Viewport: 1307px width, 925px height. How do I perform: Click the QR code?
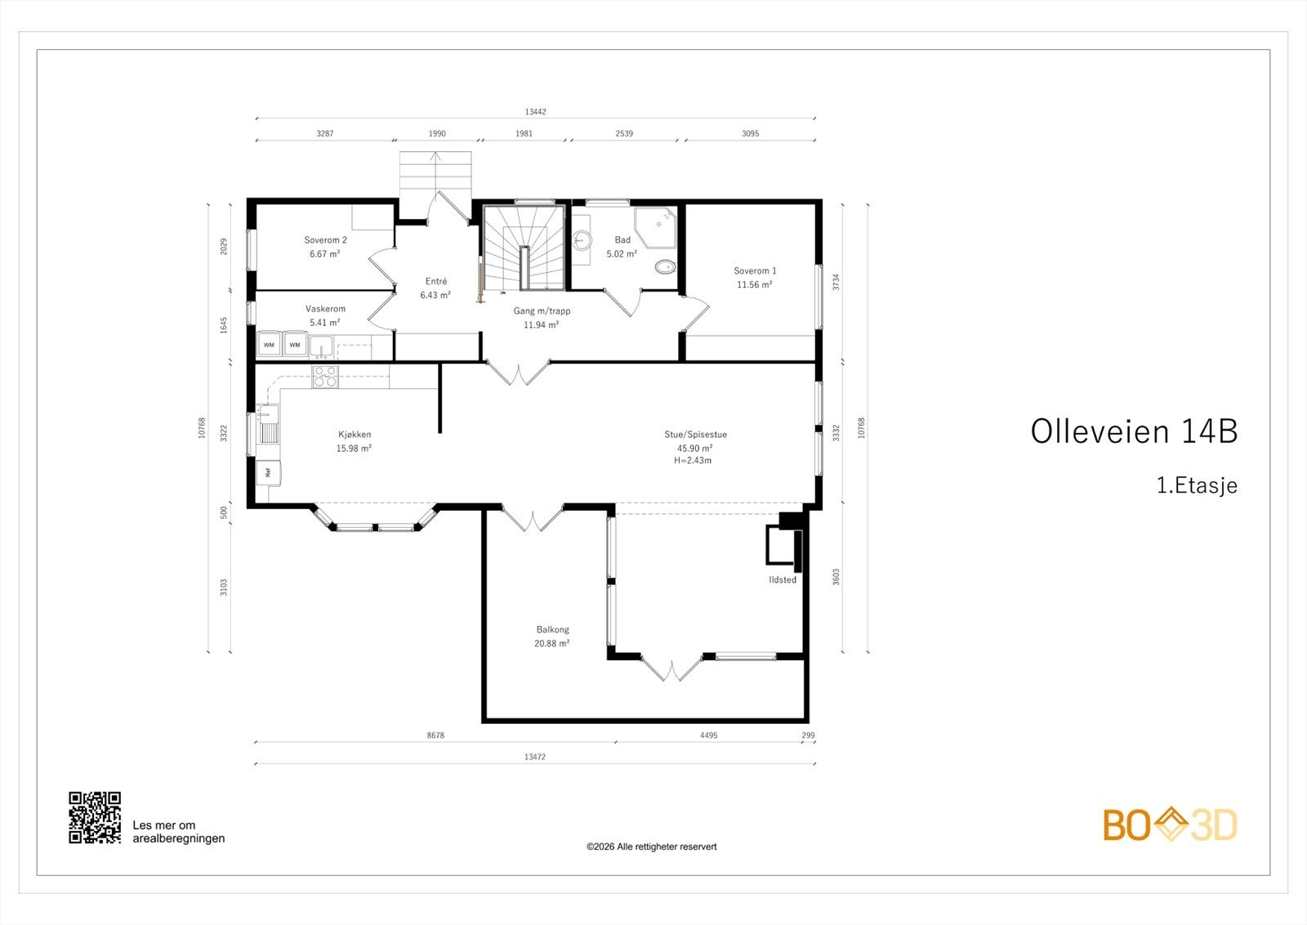point(95,817)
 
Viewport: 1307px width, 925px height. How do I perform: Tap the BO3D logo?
point(1170,824)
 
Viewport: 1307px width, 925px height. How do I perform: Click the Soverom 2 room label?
point(325,240)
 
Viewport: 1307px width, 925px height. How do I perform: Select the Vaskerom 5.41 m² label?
point(325,315)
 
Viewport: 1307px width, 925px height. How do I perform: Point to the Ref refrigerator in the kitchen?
point(268,472)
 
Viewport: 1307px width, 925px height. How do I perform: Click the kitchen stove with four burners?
point(325,377)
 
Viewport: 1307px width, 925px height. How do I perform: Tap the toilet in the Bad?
point(666,266)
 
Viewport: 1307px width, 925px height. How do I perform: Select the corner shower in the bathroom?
point(658,226)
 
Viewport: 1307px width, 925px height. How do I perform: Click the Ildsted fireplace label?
point(782,579)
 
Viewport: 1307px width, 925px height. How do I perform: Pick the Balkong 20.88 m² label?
point(553,636)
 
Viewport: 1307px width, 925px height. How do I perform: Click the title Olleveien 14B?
point(1134,431)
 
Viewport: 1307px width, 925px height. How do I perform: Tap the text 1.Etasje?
point(1197,485)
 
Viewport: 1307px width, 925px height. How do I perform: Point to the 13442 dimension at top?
point(535,112)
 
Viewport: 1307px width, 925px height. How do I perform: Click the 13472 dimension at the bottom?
point(535,757)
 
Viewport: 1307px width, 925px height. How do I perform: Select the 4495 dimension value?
point(708,735)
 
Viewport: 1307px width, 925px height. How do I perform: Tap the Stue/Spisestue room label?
point(695,435)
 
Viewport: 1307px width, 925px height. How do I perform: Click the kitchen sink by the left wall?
point(269,425)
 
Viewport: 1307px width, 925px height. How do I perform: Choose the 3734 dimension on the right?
point(836,282)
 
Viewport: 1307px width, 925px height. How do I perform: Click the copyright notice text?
point(651,847)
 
